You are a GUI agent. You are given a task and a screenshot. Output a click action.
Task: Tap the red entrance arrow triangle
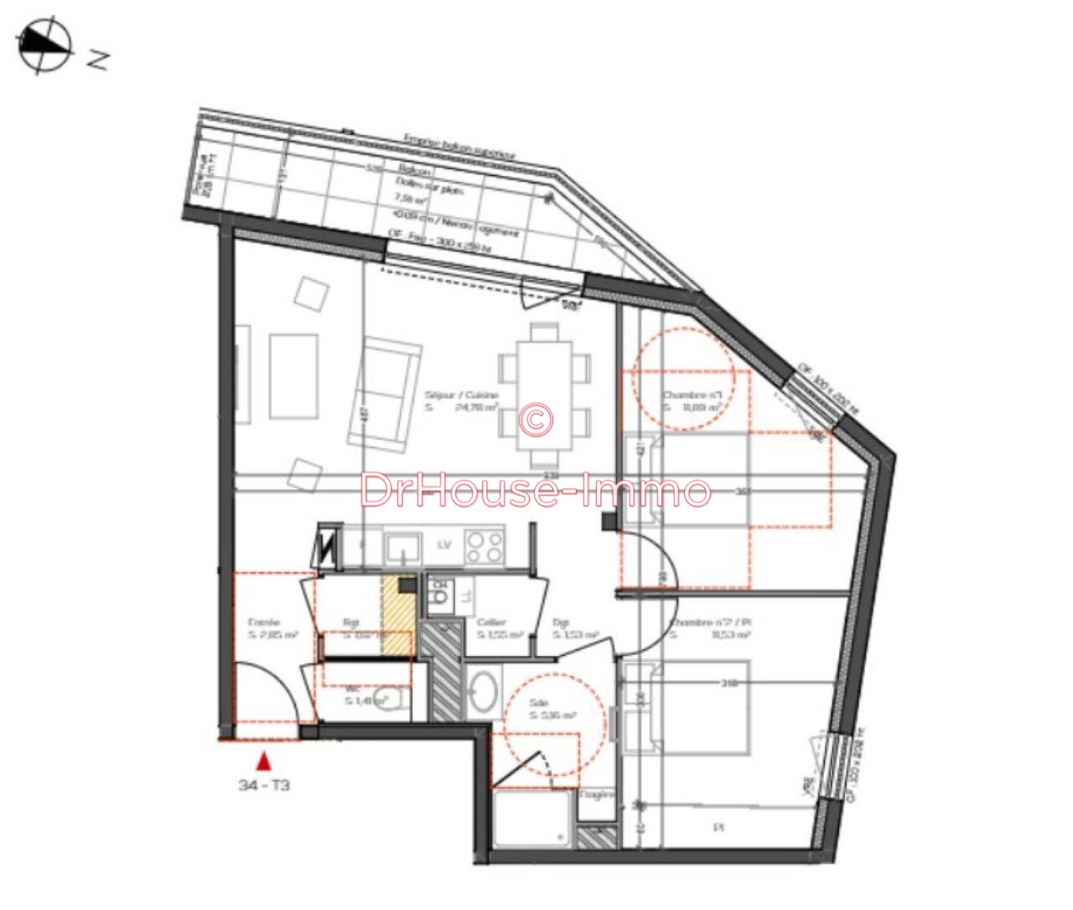[263, 762]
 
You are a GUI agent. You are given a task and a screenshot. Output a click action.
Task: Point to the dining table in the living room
[545, 395]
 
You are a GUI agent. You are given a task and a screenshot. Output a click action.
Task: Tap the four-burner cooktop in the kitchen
[484, 546]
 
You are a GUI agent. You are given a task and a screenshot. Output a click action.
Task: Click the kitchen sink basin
[403, 548]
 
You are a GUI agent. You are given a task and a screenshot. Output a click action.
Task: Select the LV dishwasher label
[445, 545]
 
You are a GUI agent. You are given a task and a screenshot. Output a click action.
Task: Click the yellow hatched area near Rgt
[396, 616]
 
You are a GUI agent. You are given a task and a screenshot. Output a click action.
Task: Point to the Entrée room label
[264, 622]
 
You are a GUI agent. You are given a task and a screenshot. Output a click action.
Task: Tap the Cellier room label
[492, 622]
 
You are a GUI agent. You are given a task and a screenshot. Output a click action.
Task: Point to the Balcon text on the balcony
[415, 171]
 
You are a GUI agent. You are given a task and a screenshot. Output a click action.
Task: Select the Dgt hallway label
[561, 622]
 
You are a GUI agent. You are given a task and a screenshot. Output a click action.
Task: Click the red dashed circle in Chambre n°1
[683, 380]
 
